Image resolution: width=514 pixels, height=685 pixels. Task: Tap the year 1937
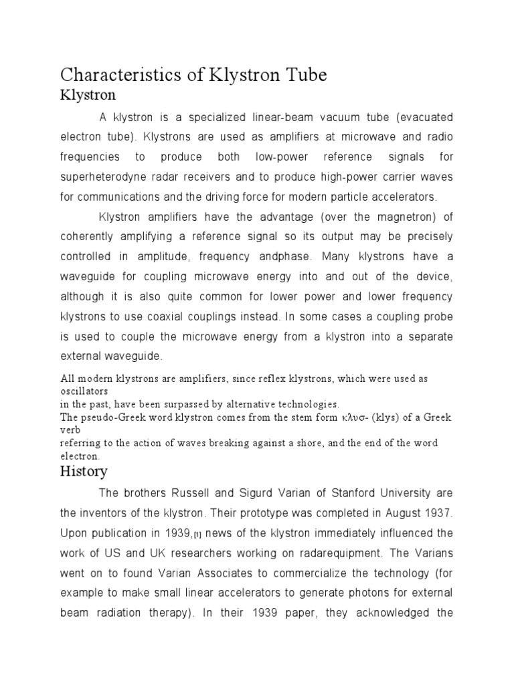(x=438, y=512)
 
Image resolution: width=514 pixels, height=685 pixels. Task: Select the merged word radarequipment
(x=311, y=553)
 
